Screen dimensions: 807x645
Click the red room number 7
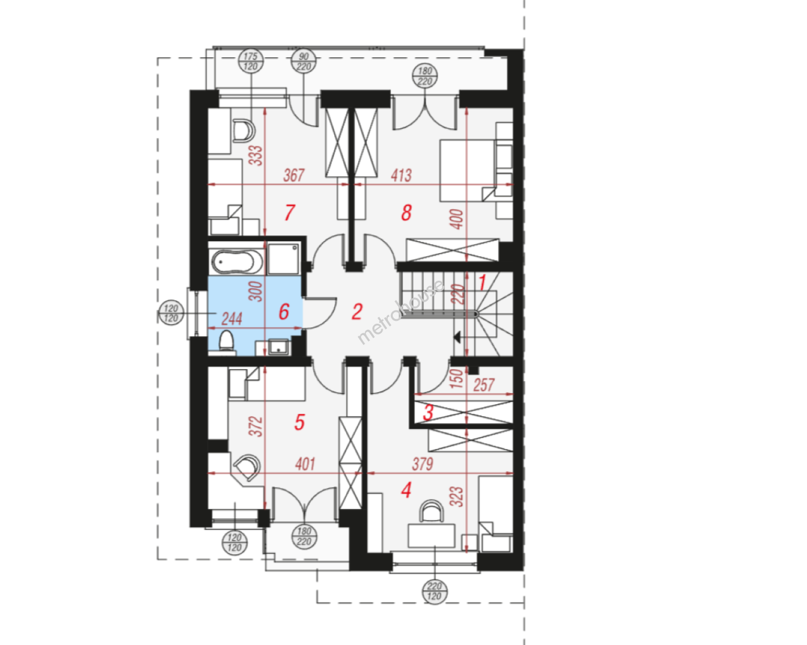pos(289,213)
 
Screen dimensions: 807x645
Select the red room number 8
pos(406,213)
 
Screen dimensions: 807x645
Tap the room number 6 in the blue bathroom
pos(284,312)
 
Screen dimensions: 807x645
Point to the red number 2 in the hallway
pos(357,312)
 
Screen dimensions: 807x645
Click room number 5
pos(299,422)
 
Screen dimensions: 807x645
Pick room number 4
pos(406,490)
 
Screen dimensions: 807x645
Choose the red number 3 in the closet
pos(428,413)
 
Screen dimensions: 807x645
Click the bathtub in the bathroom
pos(237,262)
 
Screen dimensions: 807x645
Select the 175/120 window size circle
pos(250,62)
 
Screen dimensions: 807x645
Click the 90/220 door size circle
pos(304,62)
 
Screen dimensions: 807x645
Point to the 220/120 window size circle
pos(435,591)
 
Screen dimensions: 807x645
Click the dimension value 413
pos(401,175)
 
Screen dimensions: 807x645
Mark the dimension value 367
pos(294,175)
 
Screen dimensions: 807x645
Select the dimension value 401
pos(305,464)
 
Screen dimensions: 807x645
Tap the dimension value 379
pos(422,464)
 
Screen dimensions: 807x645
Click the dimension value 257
pos(484,385)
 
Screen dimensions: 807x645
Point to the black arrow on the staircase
pos(457,337)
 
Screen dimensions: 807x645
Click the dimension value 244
pos(232,319)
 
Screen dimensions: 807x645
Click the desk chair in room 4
pos(431,511)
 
